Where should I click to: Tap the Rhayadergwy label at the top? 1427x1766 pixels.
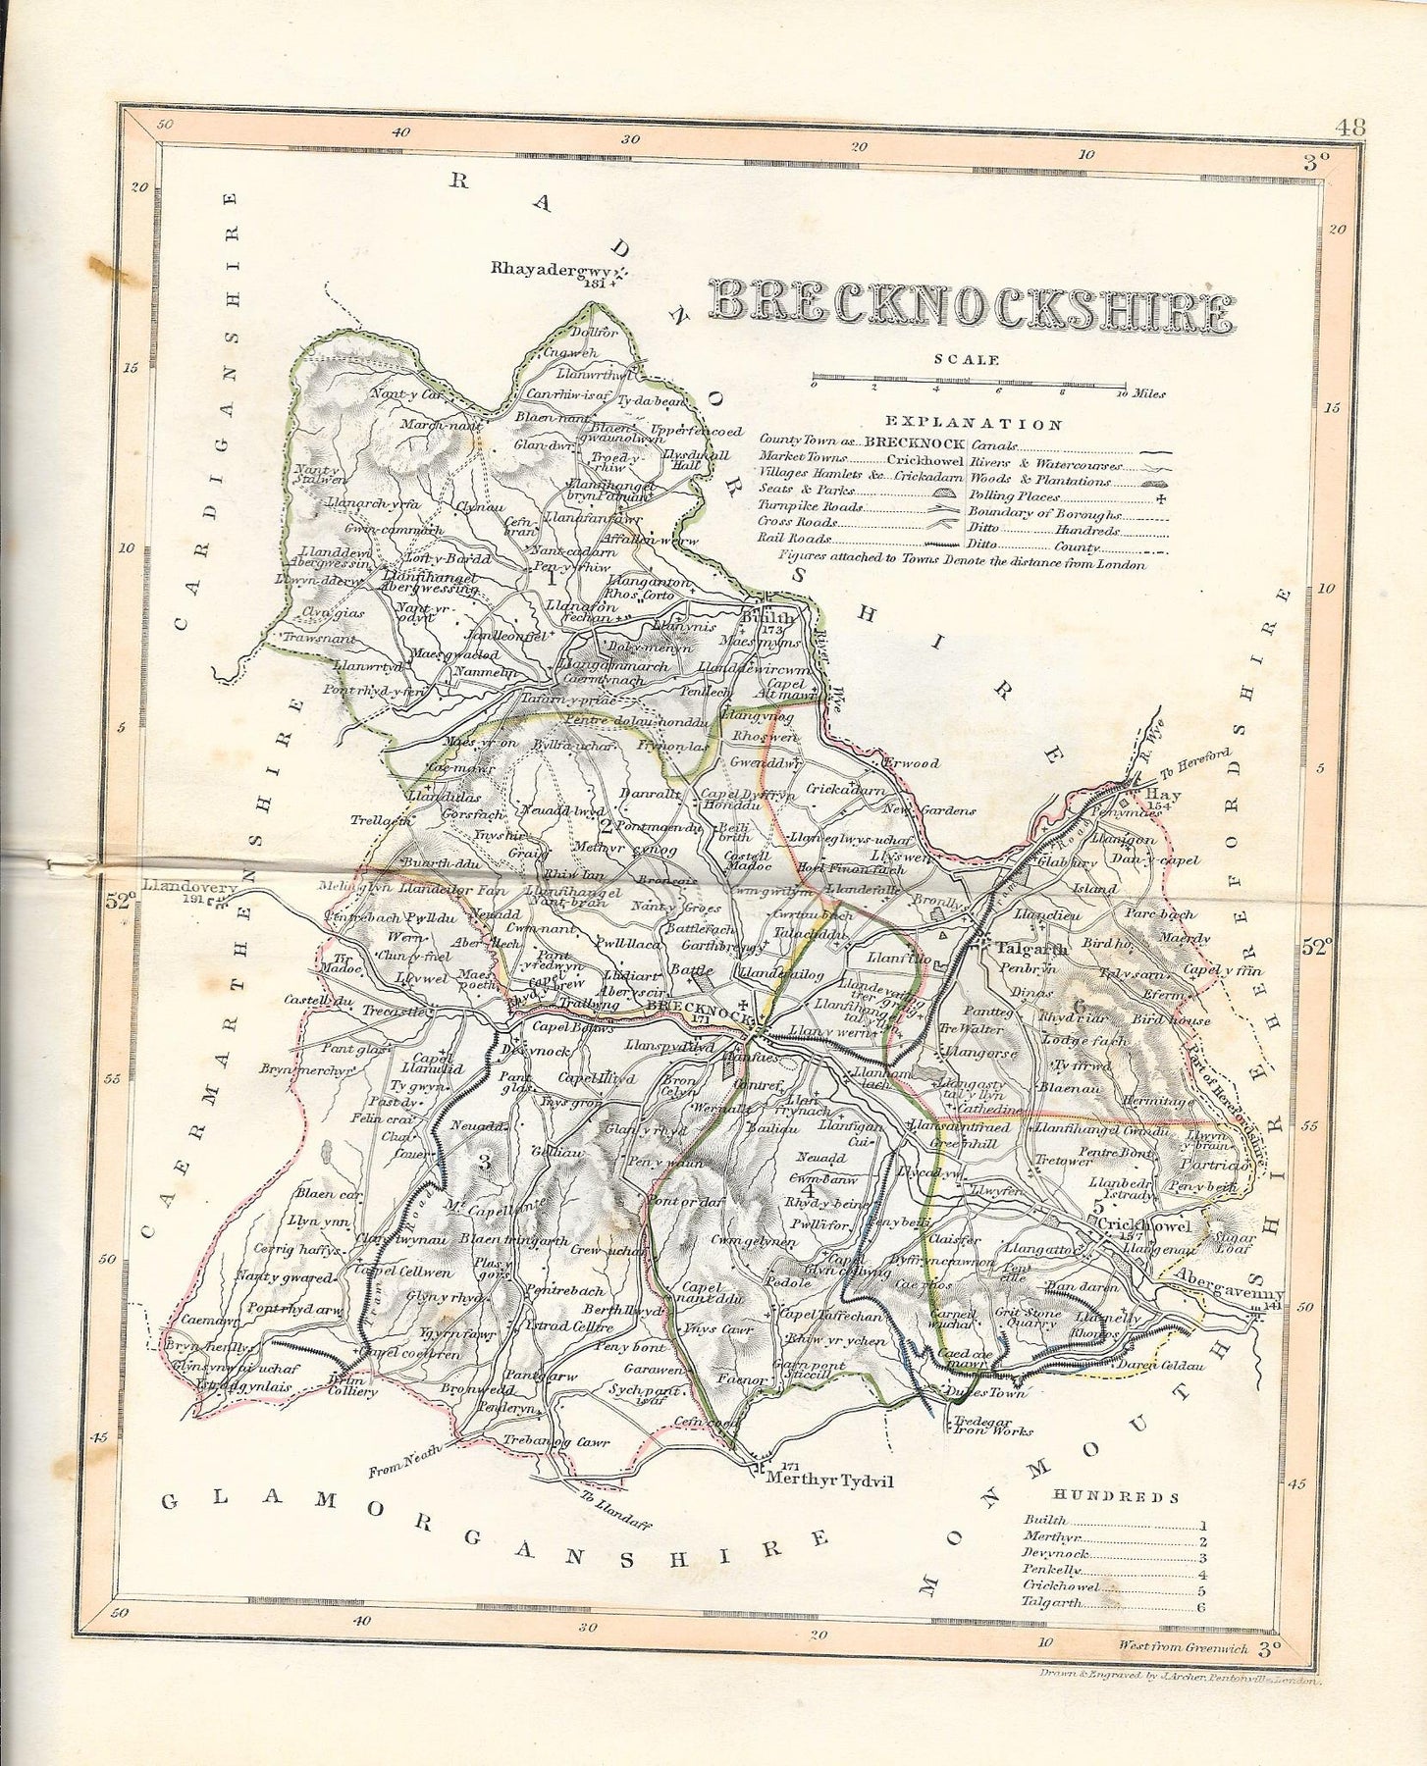tap(551, 268)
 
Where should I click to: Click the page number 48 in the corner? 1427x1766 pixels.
tap(1350, 127)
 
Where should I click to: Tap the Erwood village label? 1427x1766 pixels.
tap(911, 762)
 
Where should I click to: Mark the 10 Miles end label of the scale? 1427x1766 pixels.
tap(1143, 394)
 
